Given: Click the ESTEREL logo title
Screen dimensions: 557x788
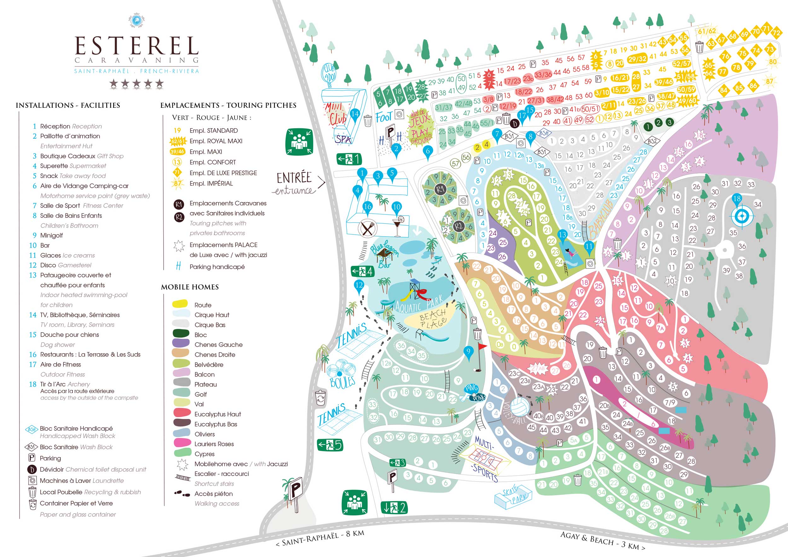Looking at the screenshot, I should coord(136,46).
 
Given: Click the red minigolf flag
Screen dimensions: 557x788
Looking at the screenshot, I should coord(483,347).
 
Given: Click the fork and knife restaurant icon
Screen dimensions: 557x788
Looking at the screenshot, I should coord(368,228).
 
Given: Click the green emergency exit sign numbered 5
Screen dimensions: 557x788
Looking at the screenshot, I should coord(330,445).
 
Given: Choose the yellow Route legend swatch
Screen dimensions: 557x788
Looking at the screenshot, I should coord(180,304).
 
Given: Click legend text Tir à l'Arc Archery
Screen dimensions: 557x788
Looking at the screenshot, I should coord(65,384).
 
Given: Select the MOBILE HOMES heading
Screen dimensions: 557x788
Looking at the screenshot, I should coord(190,287).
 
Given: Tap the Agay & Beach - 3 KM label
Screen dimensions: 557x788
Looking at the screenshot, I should coord(602,541).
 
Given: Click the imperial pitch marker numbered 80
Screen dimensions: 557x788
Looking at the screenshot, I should coord(773,62).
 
